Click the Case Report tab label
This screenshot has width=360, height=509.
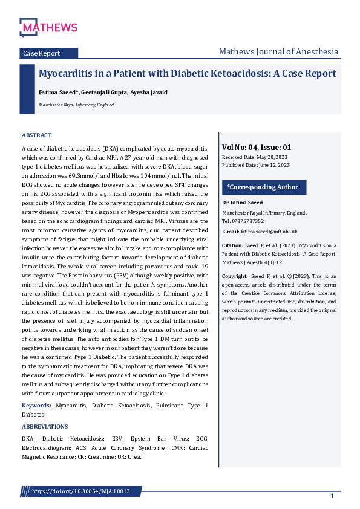coord(41,53)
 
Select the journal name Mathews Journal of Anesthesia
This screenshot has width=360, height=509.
coord(278,51)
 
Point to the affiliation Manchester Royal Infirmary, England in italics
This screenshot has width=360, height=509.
coord(76,105)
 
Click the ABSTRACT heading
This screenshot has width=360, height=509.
coord(37,135)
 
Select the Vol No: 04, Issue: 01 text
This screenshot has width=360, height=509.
coord(257,147)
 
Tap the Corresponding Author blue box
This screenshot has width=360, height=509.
coord(263,187)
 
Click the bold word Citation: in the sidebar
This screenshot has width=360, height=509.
coord(232,245)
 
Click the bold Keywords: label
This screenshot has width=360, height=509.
coord(36,405)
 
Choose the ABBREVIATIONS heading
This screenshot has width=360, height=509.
coord(45,427)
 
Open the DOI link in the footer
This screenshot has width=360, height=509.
coord(80,491)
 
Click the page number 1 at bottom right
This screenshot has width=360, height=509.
coord(332,496)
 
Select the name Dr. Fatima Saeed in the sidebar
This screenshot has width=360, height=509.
coord(241,203)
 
